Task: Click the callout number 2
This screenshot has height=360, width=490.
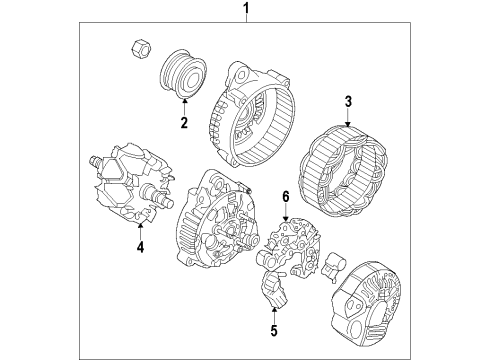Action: pyautogui.click(x=184, y=123)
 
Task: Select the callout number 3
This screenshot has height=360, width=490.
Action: pyautogui.click(x=348, y=100)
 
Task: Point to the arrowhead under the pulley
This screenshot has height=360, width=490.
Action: pyautogui.click(x=184, y=104)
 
